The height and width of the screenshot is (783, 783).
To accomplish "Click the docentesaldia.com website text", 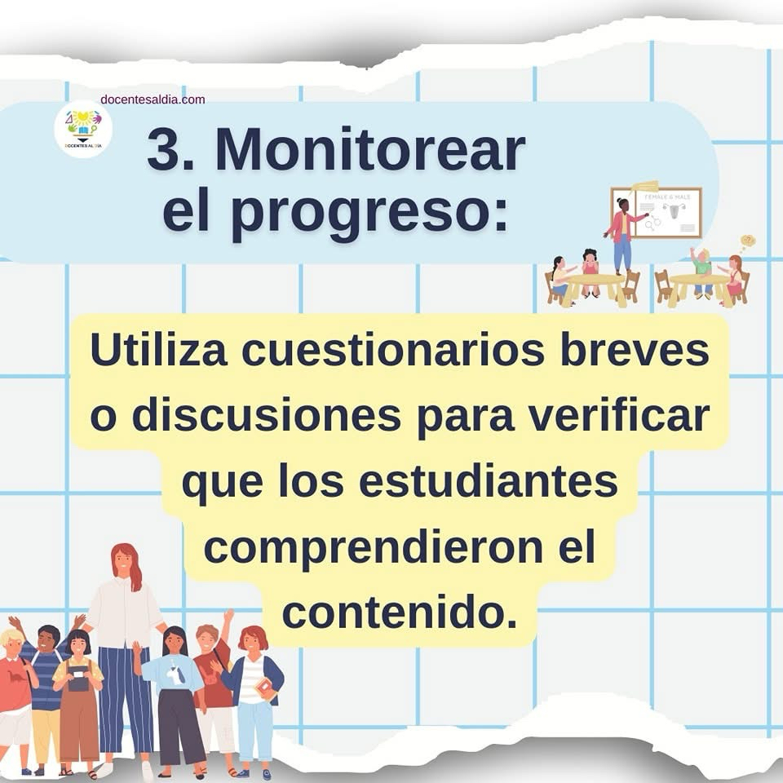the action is tap(153, 100).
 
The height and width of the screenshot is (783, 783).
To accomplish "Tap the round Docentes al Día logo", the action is tap(83, 130).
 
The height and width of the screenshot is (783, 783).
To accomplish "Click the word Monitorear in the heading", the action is tap(370, 150).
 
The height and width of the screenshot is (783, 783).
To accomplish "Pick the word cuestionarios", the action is tap(393, 350).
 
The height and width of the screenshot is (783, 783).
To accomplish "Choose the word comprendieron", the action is tap(373, 548).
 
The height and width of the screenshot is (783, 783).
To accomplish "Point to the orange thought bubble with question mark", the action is tap(748, 241).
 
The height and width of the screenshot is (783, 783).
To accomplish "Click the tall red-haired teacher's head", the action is tap(126, 562).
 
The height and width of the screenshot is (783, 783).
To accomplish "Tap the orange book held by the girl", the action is tap(265, 689).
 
